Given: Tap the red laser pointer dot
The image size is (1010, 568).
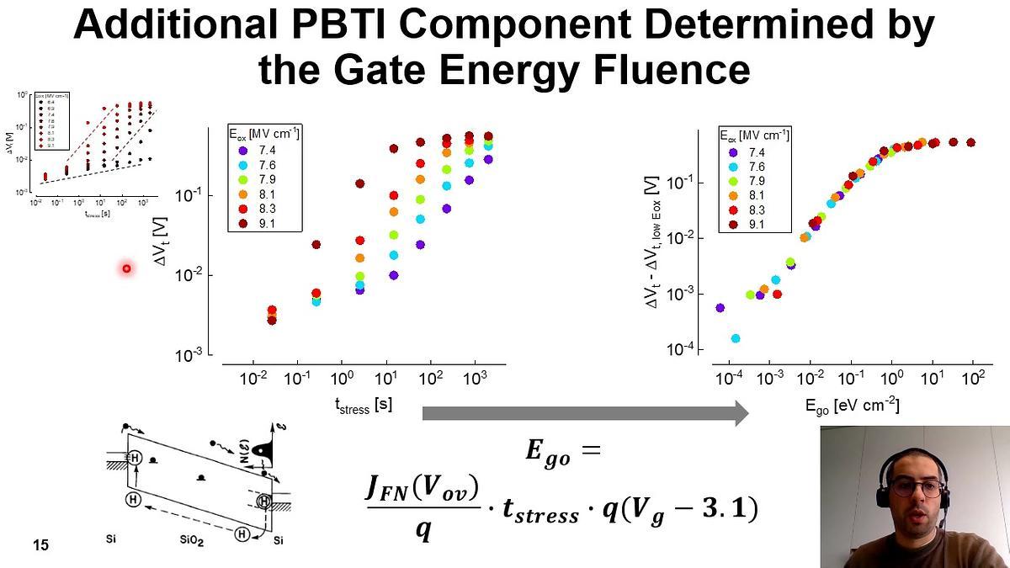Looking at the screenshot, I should (x=126, y=268).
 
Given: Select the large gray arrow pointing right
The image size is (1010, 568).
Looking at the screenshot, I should (x=584, y=413).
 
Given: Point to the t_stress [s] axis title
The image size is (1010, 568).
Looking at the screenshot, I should (x=364, y=406).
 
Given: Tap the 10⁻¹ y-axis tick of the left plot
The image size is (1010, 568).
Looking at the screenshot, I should (x=189, y=195).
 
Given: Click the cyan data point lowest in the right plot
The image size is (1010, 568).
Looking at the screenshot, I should (x=736, y=338).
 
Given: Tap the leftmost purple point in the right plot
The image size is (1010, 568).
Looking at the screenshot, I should (x=720, y=308).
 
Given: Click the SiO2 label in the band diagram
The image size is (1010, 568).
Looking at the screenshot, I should (x=199, y=538).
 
